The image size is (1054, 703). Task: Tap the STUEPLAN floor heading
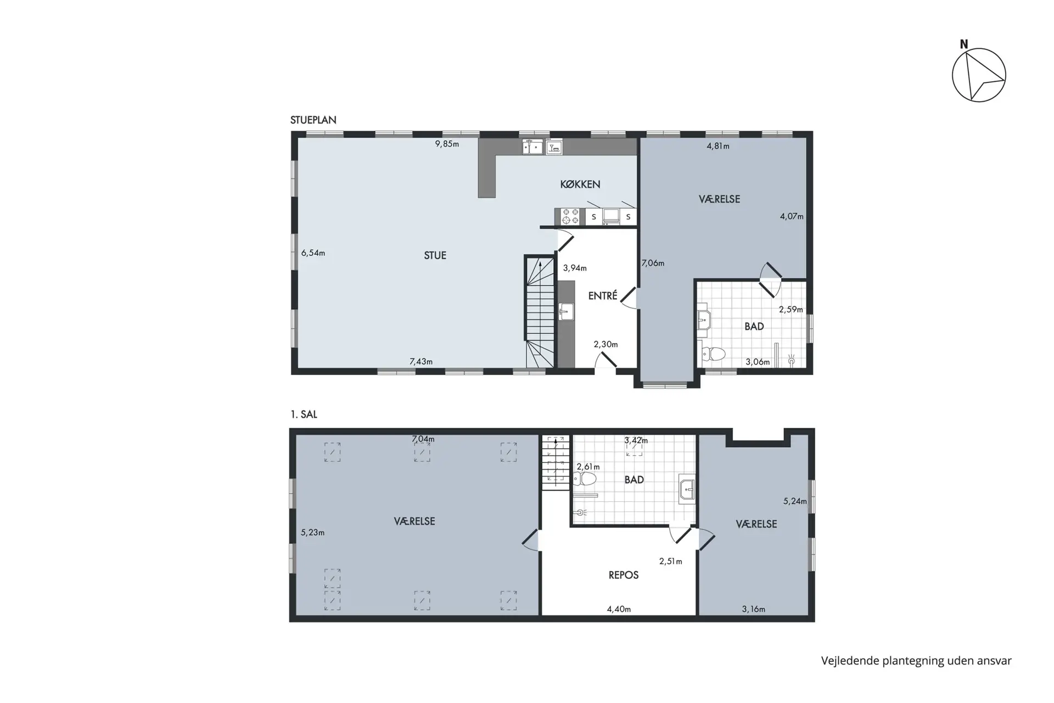click(313, 120)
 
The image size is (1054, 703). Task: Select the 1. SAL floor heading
click(304, 414)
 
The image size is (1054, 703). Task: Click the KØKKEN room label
click(580, 184)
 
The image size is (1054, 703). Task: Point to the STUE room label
click(435, 255)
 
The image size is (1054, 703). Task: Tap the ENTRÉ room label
click(603, 295)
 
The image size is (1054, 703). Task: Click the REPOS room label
click(624, 575)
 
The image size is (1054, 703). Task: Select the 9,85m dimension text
click(447, 144)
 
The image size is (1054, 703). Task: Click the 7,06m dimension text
click(653, 263)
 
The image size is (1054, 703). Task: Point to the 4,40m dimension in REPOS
click(619, 609)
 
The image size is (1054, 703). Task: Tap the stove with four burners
click(570, 216)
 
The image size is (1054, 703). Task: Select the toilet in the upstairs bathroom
click(584, 479)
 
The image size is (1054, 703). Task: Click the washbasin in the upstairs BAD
click(687, 488)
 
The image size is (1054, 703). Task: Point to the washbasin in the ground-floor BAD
click(704, 319)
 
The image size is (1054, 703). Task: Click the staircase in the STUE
click(540, 311)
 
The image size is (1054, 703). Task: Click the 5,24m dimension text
click(795, 501)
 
